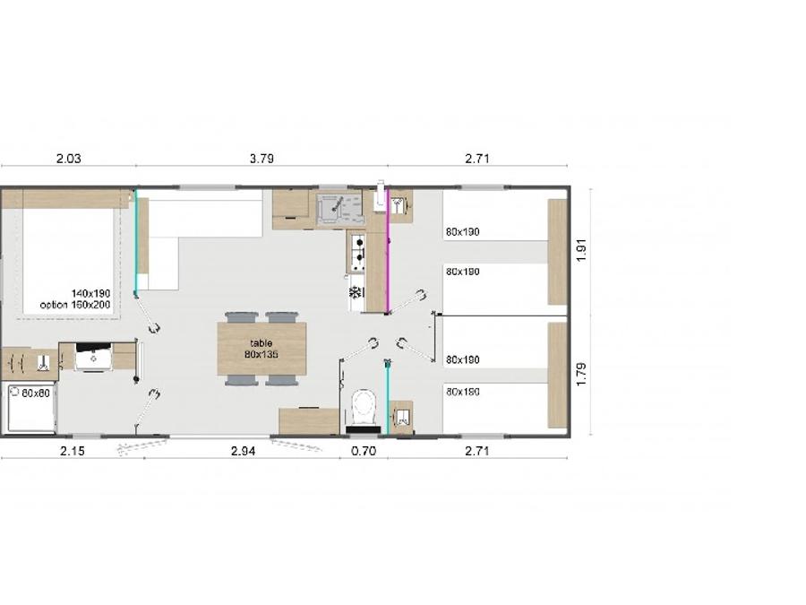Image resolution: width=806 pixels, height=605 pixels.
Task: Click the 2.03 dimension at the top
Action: click(x=68, y=159)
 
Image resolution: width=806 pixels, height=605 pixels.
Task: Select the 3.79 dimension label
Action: click(x=262, y=159)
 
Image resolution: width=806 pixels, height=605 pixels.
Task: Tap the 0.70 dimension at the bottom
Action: click(x=364, y=451)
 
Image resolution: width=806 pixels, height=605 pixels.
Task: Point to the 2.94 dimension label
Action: click(x=243, y=451)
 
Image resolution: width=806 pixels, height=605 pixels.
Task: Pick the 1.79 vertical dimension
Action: click(x=581, y=375)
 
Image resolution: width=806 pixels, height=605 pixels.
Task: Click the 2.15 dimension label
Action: click(x=73, y=451)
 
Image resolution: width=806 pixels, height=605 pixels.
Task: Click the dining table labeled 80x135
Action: click(x=262, y=349)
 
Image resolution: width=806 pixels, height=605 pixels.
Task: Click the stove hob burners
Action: click(x=357, y=253)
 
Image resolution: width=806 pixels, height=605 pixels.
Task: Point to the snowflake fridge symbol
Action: click(x=355, y=293)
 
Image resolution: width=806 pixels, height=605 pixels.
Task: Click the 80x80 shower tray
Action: click(x=30, y=408)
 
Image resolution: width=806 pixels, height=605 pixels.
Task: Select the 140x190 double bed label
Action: click(x=90, y=293)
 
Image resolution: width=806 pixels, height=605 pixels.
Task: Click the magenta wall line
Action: click(x=388, y=251)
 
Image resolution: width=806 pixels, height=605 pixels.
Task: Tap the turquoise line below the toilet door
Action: click(x=387, y=398)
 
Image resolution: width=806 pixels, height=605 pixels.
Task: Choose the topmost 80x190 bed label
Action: click(x=463, y=232)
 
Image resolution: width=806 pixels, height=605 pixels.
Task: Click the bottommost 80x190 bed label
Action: click(x=463, y=392)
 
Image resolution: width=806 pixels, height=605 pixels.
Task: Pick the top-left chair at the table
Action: click(x=241, y=317)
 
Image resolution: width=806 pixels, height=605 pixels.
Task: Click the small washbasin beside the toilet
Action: click(x=401, y=417)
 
